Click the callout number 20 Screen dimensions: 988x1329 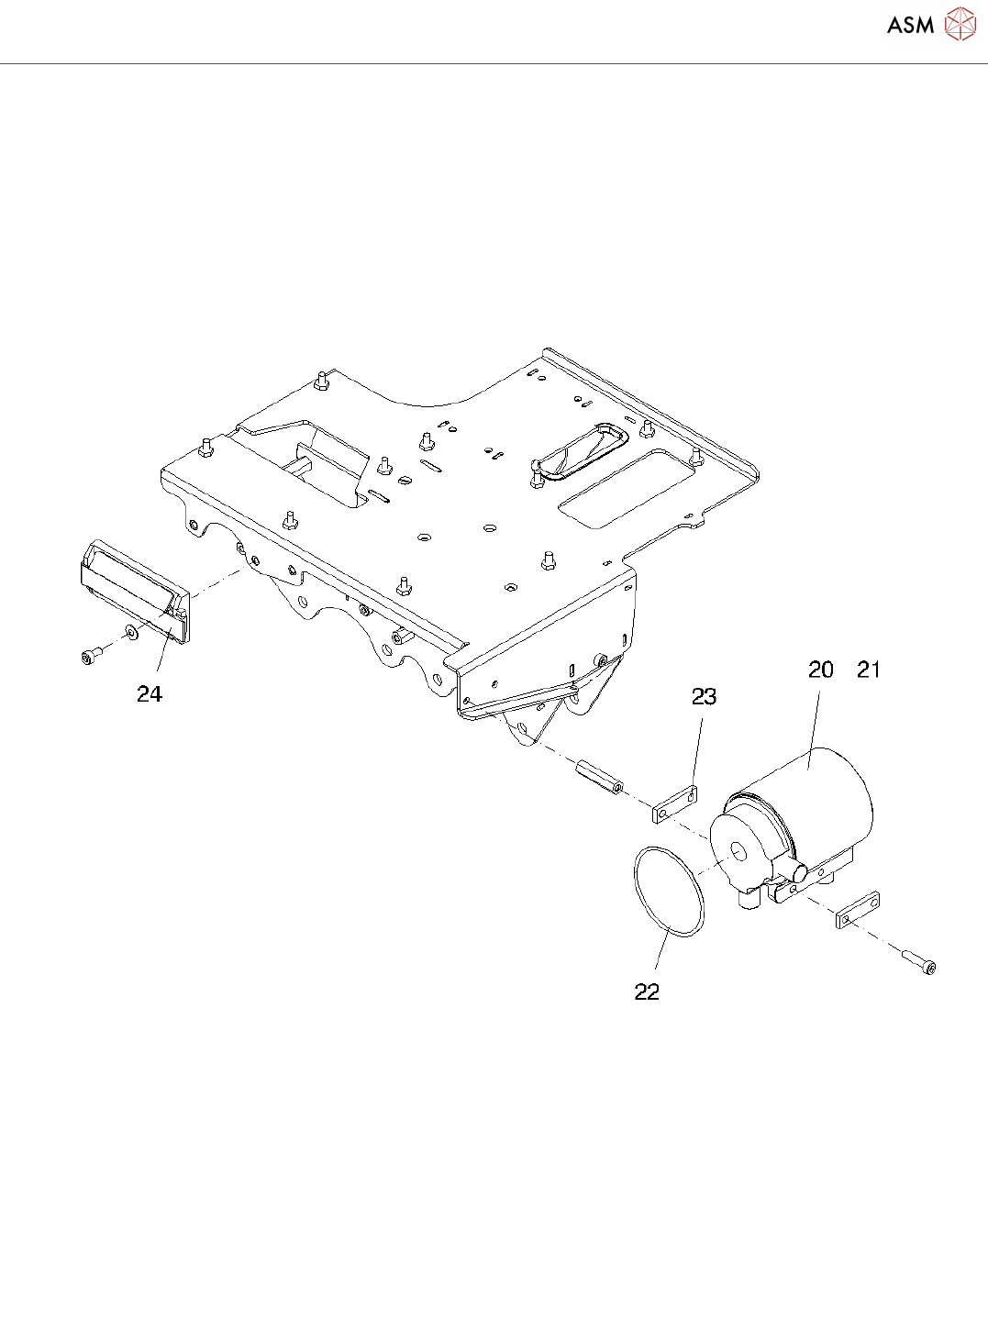pos(820,670)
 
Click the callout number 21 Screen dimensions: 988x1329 pos(868,670)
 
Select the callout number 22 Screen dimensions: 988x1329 pos(647,992)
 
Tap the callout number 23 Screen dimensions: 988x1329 pos(704,697)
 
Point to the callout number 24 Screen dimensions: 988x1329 pos(150,695)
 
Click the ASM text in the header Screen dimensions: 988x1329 pos(910,26)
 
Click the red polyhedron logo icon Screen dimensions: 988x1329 pos(960,25)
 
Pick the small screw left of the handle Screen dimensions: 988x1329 pos(91,654)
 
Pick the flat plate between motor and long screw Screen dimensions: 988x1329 pos(858,909)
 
